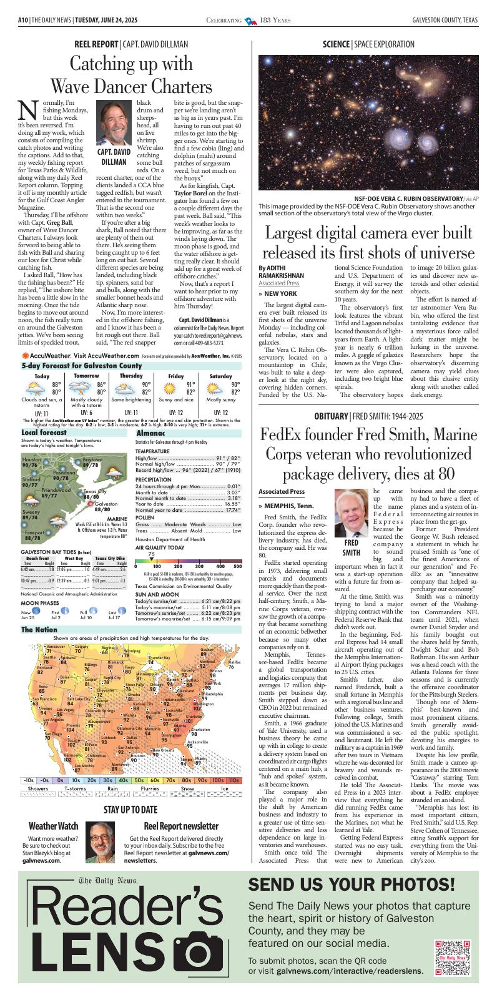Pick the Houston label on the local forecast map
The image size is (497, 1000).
click(31, 459)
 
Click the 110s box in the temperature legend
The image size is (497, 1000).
click(233, 780)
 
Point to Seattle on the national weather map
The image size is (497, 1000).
click(49, 657)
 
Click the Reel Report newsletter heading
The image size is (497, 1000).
click(180, 826)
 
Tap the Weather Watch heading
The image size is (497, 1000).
click(54, 826)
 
